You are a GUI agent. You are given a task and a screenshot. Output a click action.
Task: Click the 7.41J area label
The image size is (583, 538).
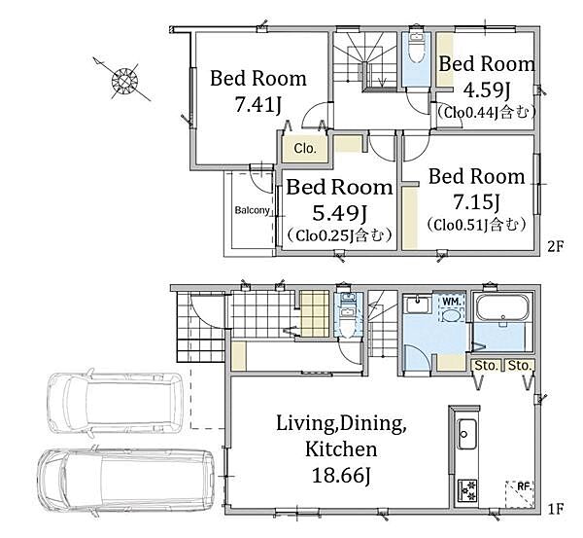coord(258,105)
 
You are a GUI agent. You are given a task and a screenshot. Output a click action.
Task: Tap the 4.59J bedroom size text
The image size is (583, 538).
coord(487,90)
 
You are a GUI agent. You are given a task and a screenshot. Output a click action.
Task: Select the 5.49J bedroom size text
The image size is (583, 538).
coord(339,213)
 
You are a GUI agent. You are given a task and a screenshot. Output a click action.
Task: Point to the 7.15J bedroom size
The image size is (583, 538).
coord(476,201)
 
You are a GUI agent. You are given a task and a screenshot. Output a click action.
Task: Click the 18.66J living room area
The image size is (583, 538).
coord(341,475)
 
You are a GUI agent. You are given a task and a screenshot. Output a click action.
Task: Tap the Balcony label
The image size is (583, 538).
coord(252,210)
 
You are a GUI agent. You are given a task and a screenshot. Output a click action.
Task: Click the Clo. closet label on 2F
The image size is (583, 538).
coord(305,149)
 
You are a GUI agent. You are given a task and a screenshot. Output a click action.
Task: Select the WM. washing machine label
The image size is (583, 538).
coord(452,302)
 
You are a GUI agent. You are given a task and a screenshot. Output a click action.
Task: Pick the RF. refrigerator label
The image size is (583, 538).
coord(525,486)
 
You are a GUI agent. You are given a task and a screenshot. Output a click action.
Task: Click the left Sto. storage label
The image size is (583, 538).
coord(487,366)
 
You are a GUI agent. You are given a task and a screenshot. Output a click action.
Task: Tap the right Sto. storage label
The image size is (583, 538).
coord(519,366)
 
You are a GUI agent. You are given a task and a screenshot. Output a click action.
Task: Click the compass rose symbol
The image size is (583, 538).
coord(124,80)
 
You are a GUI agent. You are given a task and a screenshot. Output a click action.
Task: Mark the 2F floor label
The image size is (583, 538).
coord(556,246)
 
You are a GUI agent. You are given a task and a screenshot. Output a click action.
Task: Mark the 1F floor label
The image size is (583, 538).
coord(556,509)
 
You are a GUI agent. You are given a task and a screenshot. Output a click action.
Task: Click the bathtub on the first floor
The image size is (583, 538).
coord(502,307)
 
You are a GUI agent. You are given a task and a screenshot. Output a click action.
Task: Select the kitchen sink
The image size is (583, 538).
coord(466,434)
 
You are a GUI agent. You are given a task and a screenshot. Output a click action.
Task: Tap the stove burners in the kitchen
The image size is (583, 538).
coord(467,491)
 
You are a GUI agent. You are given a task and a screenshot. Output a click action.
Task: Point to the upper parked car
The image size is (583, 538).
coord(116,402)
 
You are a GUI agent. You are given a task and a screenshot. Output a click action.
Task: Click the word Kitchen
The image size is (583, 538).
coord(341,449)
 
